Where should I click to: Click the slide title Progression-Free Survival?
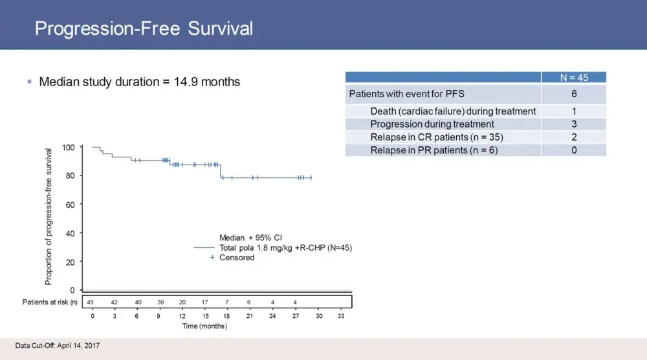pyautogui.click(x=144, y=29)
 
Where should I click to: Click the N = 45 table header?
pyautogui.click(x=573, y=78)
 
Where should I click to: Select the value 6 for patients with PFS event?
pyautogui.click(x=573, y=94)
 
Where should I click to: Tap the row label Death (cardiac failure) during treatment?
pyautogui.click(x=453, y=111)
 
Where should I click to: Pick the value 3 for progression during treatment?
pyautogui.click(x=573, y=124)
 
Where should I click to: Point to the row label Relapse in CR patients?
pyautogui.click(x=437, y=137)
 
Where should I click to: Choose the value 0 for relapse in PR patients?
pyautogui.click(x=573, y=150)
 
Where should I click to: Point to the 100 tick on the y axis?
pyautogui.click(x=69, y=147)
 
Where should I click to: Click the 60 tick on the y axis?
pyautogui.click(x=71, y=204)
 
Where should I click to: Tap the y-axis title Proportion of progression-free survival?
pyautogui.click(x=49, y=217)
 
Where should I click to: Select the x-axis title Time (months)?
pyautogui.click(x=204, y=326)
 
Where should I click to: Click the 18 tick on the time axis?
pyautogui.click(x=227, y=317)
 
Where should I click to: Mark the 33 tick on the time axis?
pyautogui.click(x=341, y=317)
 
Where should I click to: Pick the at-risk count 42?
pyautogui.click(x=114, y=302)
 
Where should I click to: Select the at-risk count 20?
pyautogui.click(x=182, y=302)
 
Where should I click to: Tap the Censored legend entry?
pyautogui.click(x=237, y=258)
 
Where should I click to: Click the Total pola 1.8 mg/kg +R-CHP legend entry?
pyautogui.click(x=285, y=247)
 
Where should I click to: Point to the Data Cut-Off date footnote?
pyautogui.click(x=58, y=346)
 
